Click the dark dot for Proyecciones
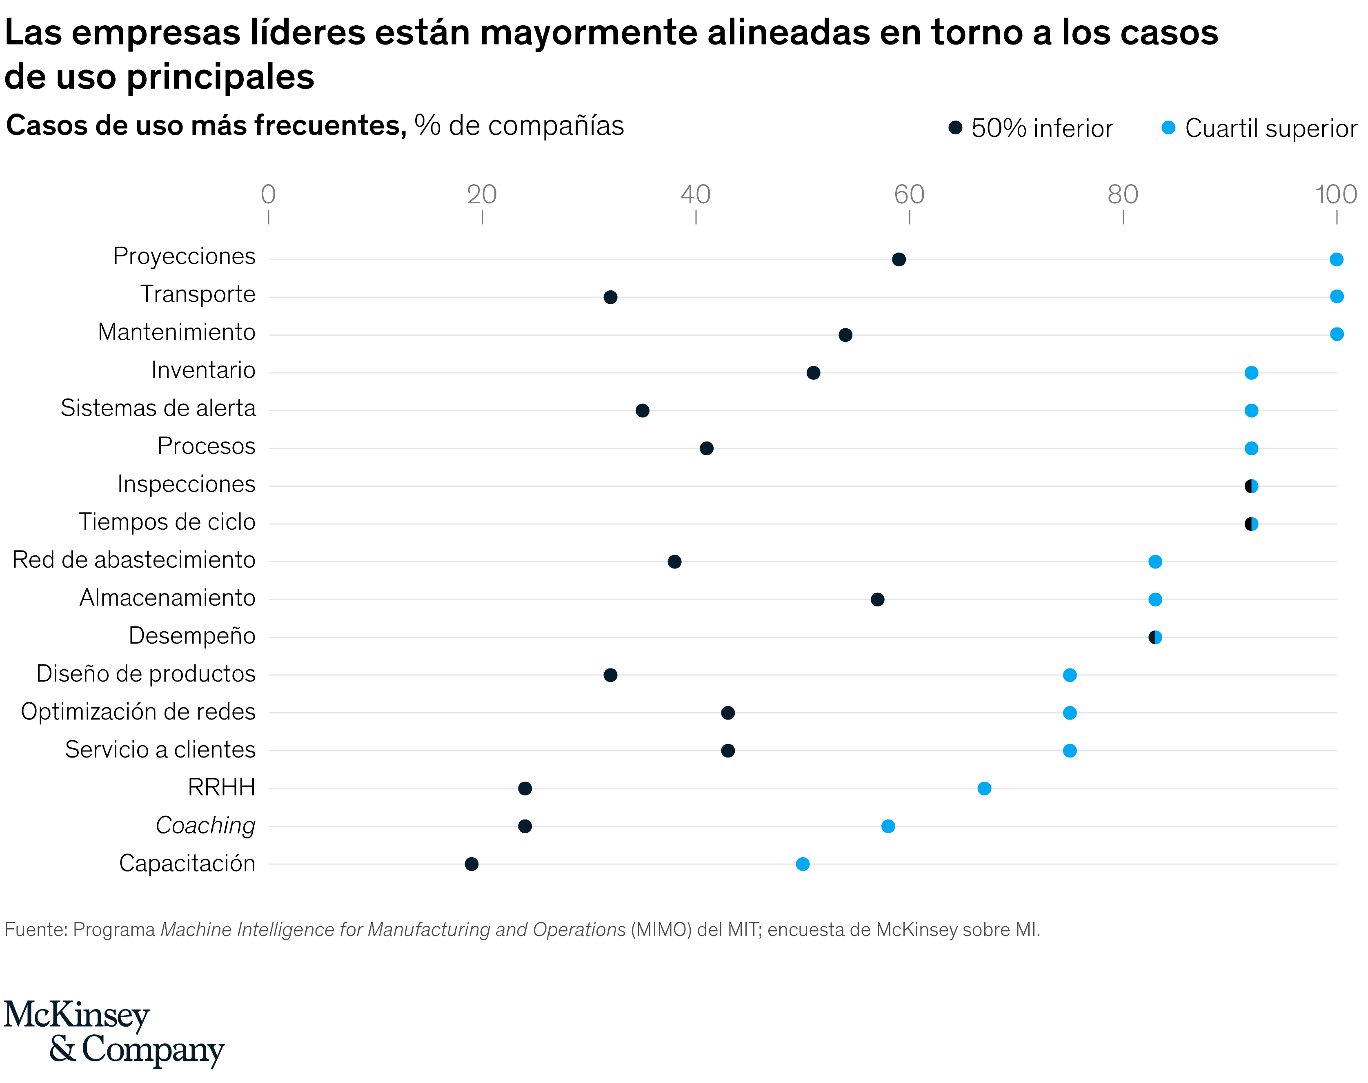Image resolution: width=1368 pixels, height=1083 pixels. click(898, 259)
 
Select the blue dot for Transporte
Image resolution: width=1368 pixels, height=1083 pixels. click(1336, 296)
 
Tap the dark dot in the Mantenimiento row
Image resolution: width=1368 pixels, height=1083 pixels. click(845, 335)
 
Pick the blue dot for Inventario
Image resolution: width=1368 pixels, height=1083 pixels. click(1251, 373)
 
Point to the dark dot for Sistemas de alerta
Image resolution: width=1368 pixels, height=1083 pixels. click(642, 411)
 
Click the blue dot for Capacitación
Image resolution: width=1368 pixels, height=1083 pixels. click(803, 864)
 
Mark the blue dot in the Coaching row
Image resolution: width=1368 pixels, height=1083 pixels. click(888, 826)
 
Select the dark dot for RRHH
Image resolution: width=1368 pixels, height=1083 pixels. click(525, 788)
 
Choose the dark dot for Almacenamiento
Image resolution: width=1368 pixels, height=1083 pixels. click(877, 599)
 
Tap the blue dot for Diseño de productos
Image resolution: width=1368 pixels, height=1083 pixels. click(1070, 675)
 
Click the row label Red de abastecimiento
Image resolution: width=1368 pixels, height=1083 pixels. click(134, 560)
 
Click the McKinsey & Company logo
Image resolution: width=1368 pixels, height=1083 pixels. click(114, 1032)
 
